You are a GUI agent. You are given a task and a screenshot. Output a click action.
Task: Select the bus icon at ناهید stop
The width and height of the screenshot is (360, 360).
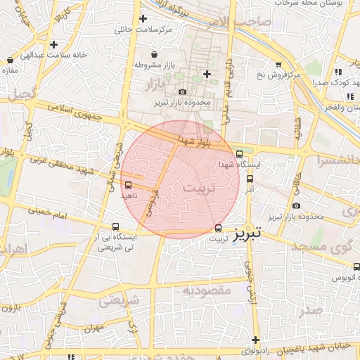click(x=128, y=186)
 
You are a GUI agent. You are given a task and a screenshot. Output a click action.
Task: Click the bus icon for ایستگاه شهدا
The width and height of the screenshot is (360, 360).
click(x=240, y=154)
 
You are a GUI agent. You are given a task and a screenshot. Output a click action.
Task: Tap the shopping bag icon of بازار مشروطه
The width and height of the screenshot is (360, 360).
click(x=155, y=55)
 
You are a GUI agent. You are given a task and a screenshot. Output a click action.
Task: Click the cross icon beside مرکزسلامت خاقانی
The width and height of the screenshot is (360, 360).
click(x=143, y=19)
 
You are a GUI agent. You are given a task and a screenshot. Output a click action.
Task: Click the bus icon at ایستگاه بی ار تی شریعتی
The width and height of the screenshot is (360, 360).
click(x=116, y=226)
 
